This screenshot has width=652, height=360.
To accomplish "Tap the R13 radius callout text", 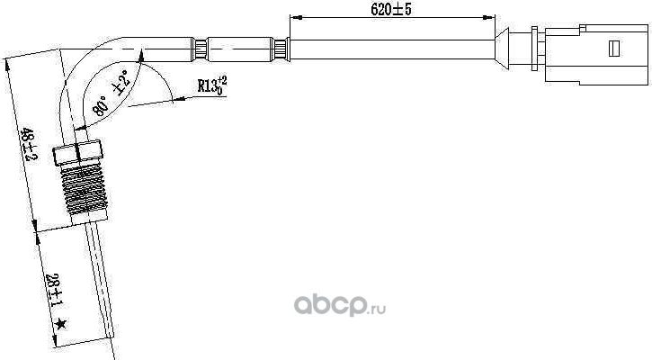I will pyautogui.click(x=213, y=86).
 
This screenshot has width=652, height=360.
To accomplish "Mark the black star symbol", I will pyautogui.click(x=60, y=323).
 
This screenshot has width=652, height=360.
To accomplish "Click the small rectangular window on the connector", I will pyautogui.click(x=617, y=44).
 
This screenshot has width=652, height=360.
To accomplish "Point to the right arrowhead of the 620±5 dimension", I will pyautogui.click(x=492, y=18).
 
